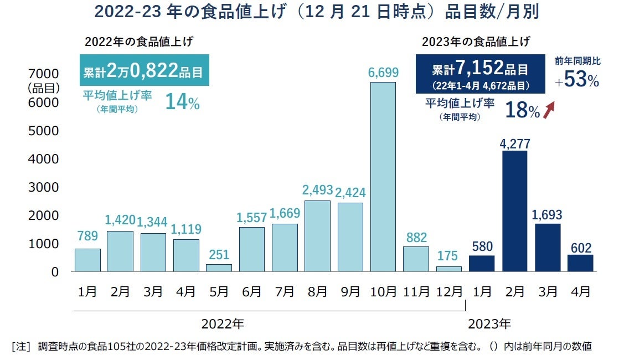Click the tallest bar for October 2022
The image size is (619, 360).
(x=383, y=177)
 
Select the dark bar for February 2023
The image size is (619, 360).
(x=514, y=211)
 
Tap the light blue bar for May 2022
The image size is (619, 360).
(x=219, y=268)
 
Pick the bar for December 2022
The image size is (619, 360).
(x=448, y=269)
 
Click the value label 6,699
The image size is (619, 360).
(x=383, y=73)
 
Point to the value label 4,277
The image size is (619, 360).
(x=515, y=143)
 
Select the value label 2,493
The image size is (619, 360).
(x=317, y=191)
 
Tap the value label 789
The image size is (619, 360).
(x=87, y=236)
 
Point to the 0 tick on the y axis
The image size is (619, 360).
(x=55, y=272)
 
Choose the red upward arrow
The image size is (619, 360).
(x=550, y=110)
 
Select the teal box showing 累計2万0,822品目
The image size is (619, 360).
(x=143, y=70)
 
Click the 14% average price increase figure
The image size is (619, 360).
(x=182, y=102)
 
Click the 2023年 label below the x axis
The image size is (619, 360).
(x=489, y=323)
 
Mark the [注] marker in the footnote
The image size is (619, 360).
(x=21, y=347)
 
